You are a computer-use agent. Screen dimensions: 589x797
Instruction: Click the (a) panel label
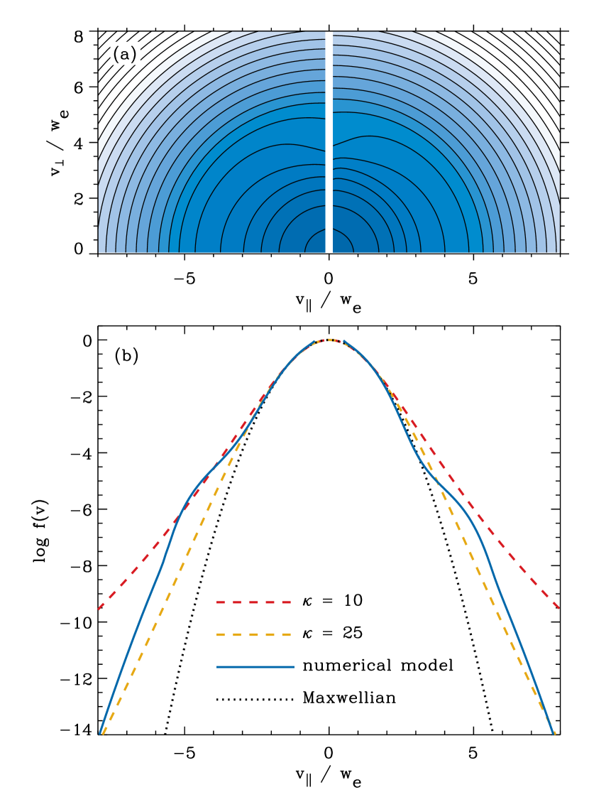pyautogui.click(x=124, y=54)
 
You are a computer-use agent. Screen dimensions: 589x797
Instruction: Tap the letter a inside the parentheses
pyautogui.click(x=124, y=55)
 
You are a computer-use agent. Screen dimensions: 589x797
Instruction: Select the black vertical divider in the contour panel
pyautogui.click(x=329, y=142)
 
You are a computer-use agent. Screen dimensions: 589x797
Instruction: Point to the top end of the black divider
pyautogui.click(x=329, y=33)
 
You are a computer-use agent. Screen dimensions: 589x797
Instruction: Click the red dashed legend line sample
pyautogui.click(x=254, y=602)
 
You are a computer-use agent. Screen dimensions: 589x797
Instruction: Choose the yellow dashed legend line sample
pyautogui.click(x=254, y=634)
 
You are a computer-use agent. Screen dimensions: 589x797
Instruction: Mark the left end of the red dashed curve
pyautogui.click(x=99, y=609)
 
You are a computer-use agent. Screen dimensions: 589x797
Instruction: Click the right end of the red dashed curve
pyautogui.click(x=559, y=608)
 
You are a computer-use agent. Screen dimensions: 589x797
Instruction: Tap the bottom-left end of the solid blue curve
pyautogui.click(x=100, y=732)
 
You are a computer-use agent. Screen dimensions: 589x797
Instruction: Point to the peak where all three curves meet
pyautogui.click(x=329, y=340)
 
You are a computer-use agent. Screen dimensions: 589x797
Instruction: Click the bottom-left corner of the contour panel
pyautogui.click(x=99, y=251)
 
